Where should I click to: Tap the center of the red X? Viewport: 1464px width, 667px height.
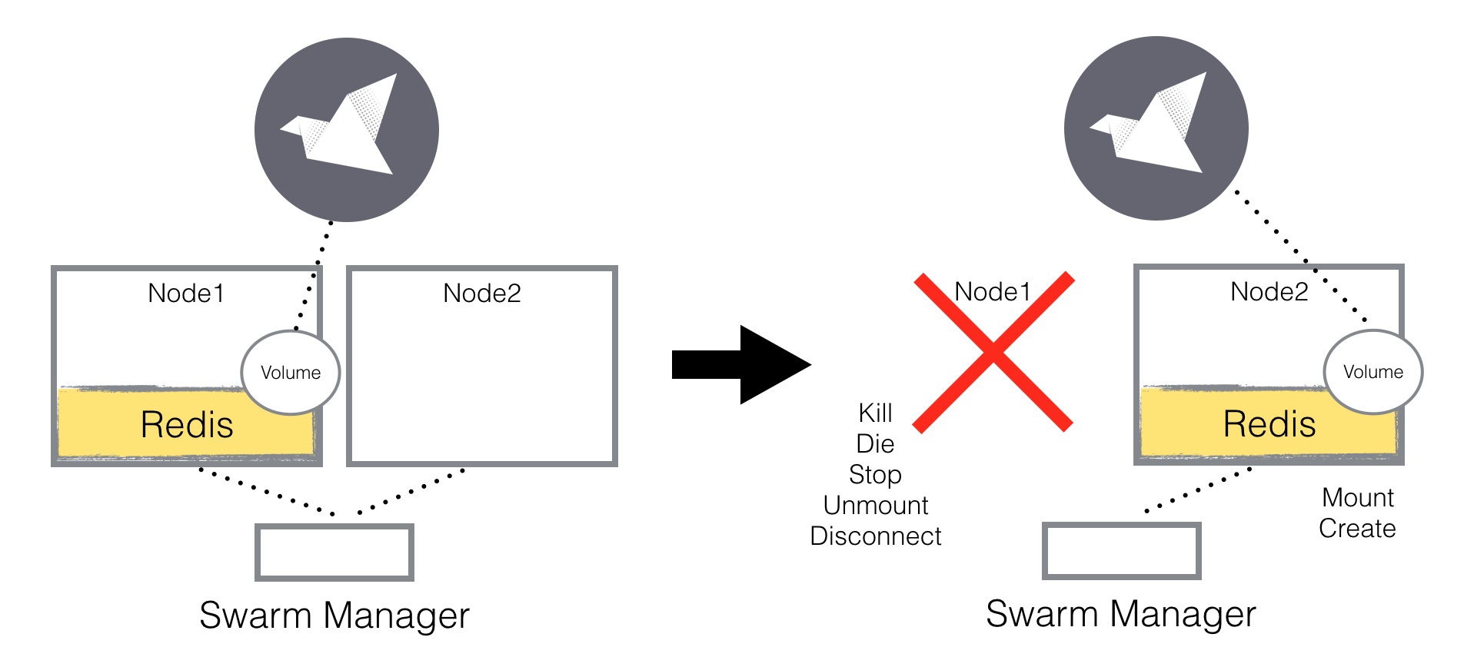pos(993,352)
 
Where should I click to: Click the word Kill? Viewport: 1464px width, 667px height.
pos(875,413)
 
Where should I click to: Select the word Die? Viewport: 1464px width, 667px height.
pos(875,443)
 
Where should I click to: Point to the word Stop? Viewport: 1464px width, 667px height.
pos(875,474)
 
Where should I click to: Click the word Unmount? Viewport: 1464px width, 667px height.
pos(875,505)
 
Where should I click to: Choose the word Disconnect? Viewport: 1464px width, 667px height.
pos(875,536)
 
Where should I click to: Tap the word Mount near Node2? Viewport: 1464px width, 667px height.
pos(1358,497)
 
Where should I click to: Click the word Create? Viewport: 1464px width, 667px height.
pos(1357,528)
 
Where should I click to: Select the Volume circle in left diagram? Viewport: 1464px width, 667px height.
pos(291,373)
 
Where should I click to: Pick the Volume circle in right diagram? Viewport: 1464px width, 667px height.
pos(1373,372)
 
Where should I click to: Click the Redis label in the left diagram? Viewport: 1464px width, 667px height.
pos(187,424)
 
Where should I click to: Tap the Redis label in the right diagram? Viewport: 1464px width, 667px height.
pos(1269,423)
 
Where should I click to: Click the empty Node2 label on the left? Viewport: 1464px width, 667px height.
pos(482,293)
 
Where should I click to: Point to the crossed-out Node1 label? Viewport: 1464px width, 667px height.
pos(992,291)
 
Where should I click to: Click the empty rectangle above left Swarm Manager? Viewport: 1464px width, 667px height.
pos(334,553)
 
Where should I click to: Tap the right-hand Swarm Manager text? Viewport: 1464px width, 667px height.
pos(1121,613)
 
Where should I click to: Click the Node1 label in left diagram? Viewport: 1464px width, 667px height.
pos(186,293)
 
